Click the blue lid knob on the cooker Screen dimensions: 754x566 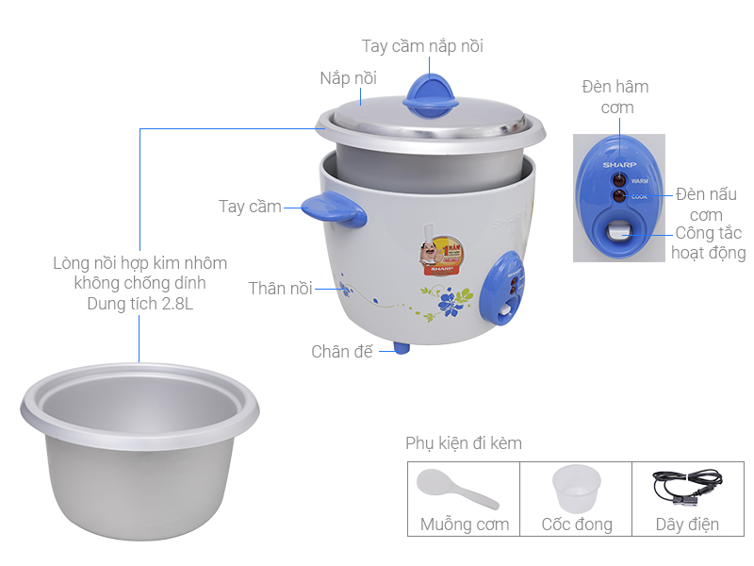431,96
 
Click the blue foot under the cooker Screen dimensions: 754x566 402,347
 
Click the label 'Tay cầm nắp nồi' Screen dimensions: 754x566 422,46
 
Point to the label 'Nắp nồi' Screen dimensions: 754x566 348,78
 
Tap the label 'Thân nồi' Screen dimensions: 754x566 280,289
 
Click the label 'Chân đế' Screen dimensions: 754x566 342,351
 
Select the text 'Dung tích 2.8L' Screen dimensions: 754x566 139,304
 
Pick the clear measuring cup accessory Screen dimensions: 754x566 576,489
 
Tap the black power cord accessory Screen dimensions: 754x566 687,486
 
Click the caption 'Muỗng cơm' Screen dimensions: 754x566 465,524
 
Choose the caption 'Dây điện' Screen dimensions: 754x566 687,524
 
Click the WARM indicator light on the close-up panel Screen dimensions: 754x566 619,180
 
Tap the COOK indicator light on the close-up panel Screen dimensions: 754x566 619,195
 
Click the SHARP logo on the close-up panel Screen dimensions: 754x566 619,164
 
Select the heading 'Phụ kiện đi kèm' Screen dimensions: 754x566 464,442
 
